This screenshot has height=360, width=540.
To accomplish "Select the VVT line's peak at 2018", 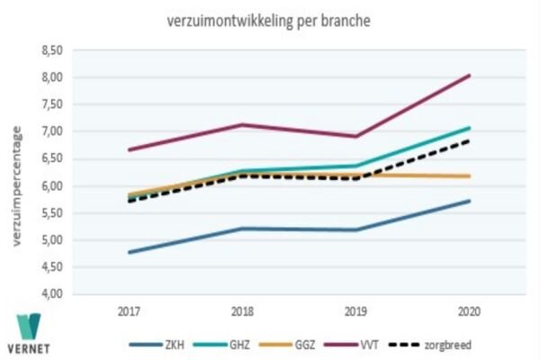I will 241,125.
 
